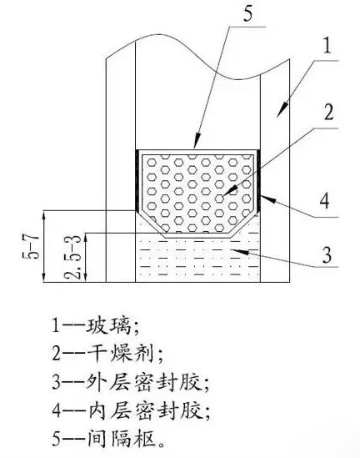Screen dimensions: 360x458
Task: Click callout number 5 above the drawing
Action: tap(247, 13)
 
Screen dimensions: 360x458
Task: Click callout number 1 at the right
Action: tap(327, 46)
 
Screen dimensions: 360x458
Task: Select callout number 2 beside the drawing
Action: tap(329, 113)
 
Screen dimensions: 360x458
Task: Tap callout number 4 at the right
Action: tap(325, 201)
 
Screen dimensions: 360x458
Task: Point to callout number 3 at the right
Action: tap(327, 254)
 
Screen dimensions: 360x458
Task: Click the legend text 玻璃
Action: tap(107, 325)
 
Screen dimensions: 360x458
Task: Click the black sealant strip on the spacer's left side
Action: tap(137, 180)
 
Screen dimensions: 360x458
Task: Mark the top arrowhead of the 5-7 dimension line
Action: tap(44, 216)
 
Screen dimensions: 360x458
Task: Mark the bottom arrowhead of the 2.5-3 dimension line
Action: tap(86, 276)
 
